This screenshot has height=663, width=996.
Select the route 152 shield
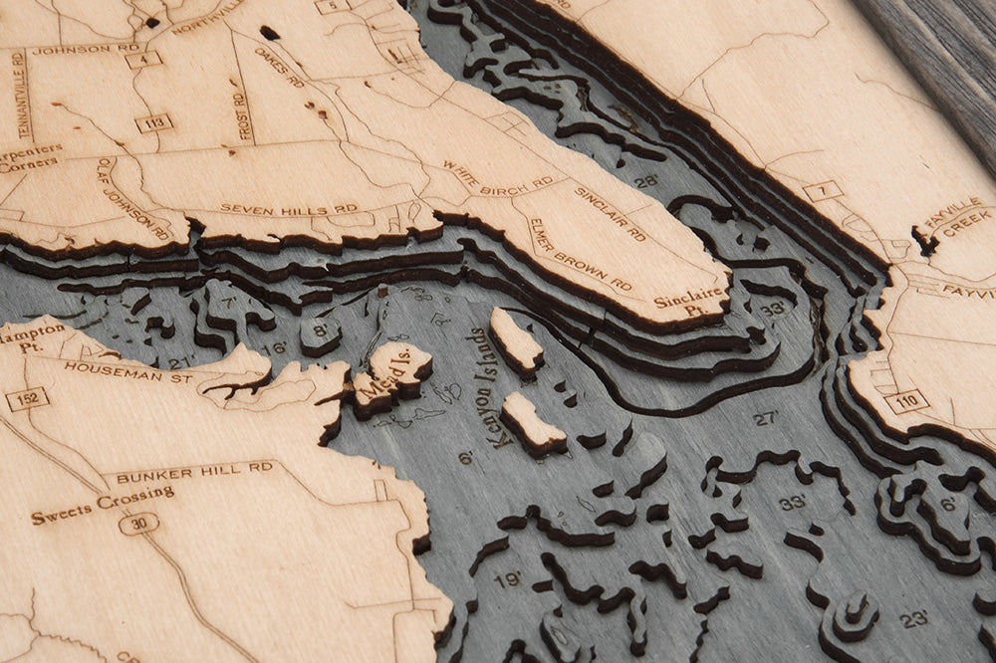[27, 399]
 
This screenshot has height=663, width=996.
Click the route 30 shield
[138, 523]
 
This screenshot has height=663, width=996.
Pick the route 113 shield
[153, 123]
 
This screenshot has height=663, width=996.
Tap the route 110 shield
[906, 401]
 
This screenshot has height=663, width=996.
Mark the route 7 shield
[824, 191]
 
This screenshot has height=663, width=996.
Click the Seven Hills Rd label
[288, 209]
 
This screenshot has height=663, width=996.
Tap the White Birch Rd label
[497, 178]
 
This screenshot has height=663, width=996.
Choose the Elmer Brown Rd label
[580, 255]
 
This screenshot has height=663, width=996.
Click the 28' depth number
[645, 182]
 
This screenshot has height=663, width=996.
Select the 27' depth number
[765, 418]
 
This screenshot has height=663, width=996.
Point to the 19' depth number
[507, 578]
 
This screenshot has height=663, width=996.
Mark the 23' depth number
[913, 619]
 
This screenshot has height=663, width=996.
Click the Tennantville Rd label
[22, 95]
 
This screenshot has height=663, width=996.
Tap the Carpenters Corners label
[30, 157]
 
